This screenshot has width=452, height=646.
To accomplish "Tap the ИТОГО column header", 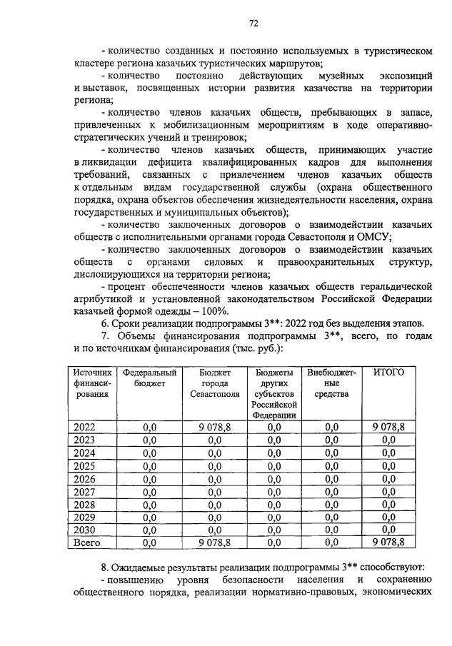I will click(x=388, y=373).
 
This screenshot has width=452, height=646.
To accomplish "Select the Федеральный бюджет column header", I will click(x=149, y=378).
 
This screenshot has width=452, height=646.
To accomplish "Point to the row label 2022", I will click(x=84, y=427).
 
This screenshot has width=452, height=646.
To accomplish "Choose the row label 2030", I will click(x=84, y=530).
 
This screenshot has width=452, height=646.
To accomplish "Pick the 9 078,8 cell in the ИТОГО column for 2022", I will click(x=388, y=427).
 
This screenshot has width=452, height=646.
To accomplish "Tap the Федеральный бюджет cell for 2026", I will click(x=149, y=478).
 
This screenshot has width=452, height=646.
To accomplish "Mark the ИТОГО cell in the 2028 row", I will click(x=388, y=504).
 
